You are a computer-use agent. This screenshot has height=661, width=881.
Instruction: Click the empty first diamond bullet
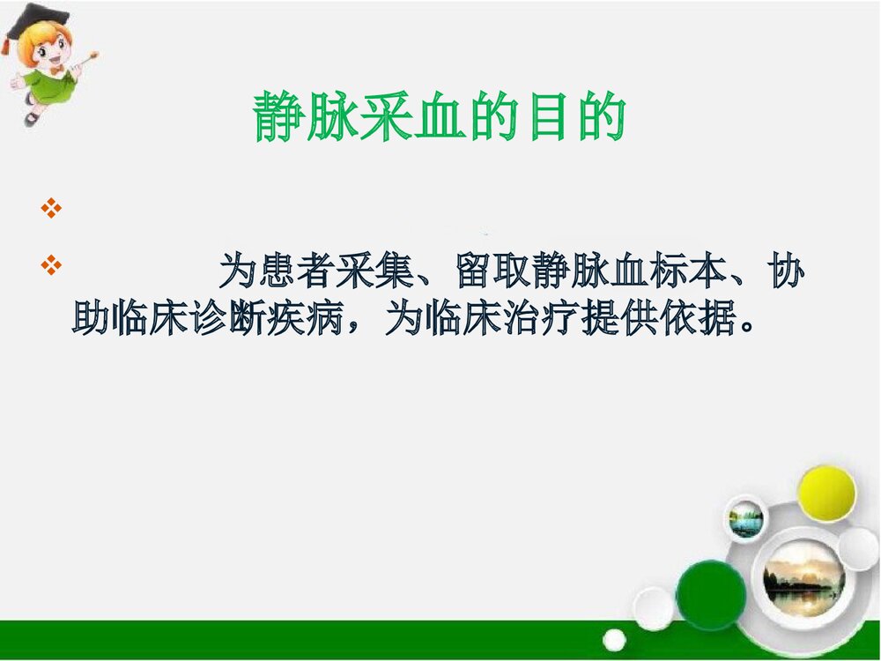pos(50,209)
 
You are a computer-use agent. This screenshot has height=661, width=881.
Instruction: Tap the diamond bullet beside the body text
pos(50,264)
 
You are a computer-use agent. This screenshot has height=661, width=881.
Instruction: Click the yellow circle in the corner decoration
pos(826,493)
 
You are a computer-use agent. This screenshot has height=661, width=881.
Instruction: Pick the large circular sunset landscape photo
pos(803,578)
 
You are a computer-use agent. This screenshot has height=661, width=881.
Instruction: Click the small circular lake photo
pos(746,520)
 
